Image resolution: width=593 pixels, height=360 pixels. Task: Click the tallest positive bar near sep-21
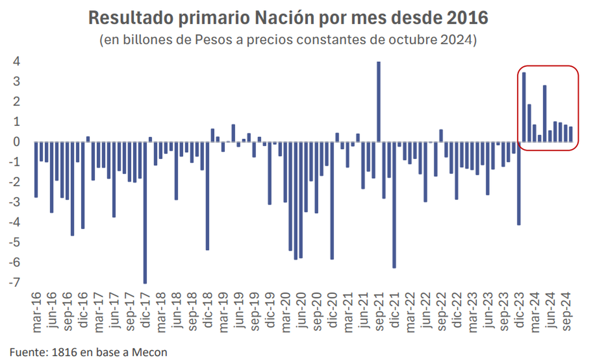point(379,102)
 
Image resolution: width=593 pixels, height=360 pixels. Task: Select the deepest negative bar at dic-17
point(145,212)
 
